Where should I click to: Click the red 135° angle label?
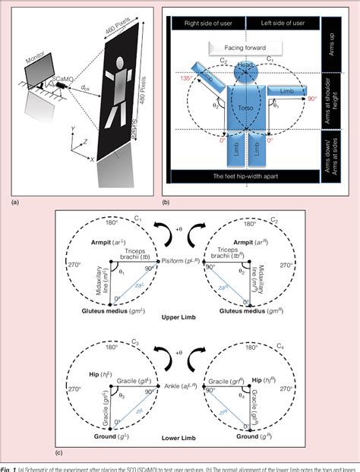point(182,77)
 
